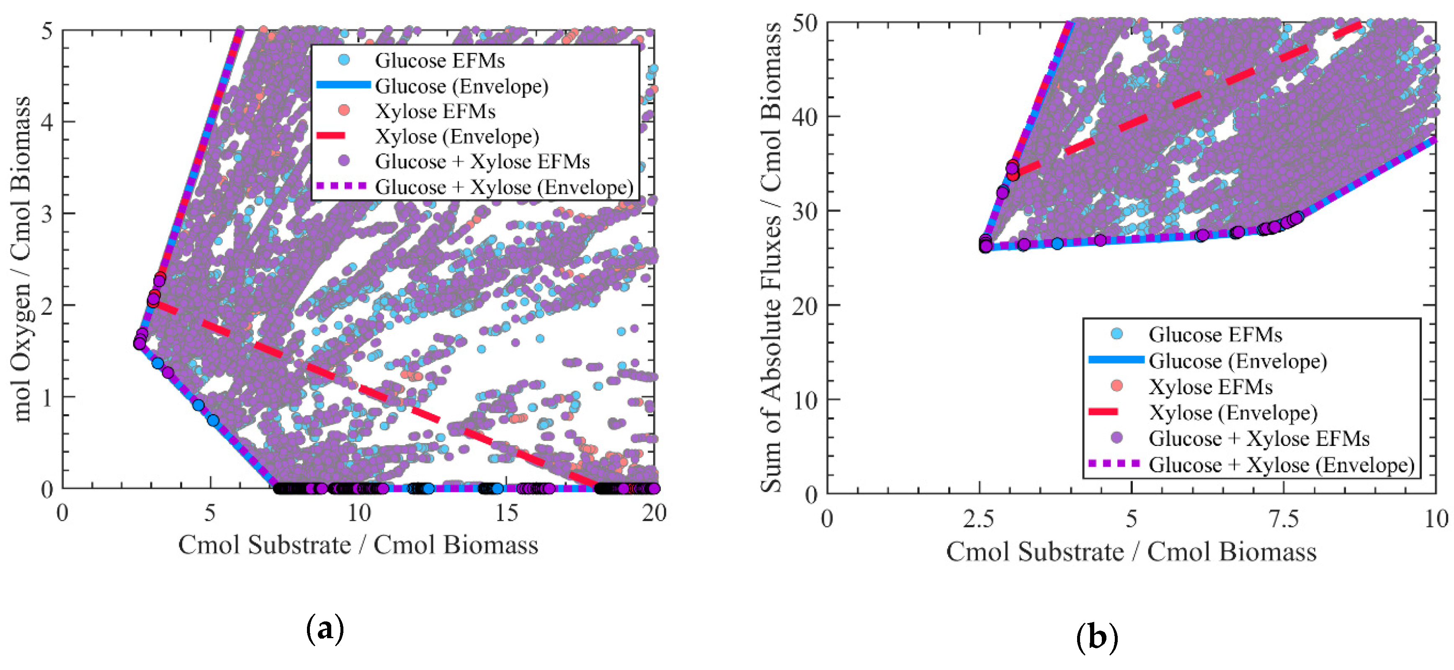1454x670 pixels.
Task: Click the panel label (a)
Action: pyautogui.click(x=325, y=628)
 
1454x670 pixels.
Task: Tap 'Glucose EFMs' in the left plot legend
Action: pyautogui.click(x=439, y=60)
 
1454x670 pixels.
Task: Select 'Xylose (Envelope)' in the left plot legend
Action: pyautogui.click(x=456, y=136)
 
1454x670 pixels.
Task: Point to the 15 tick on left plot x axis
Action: pyautogui.click(x=506, y=513)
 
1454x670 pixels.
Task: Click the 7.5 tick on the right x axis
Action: pyautogui.click(x=1284, y=518)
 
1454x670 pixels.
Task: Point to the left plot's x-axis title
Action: pyautogui.click(x=358, y=545)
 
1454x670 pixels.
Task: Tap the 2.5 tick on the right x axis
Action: pyautogui.click(x=979, y=518)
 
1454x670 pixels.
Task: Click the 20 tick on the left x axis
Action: pyautogui.click(x=654, y=513)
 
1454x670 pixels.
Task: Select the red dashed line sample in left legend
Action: pyautogui.click(x=330, y=136)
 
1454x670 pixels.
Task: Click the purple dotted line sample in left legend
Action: pyautogui.click(x=341, y=186)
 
